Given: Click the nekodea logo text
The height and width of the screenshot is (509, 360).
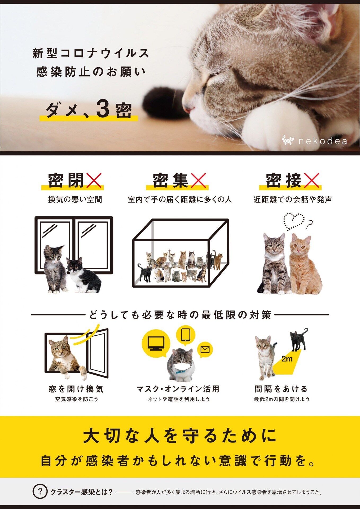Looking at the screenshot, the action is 323,141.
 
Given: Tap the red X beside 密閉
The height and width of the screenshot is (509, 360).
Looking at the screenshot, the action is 93,181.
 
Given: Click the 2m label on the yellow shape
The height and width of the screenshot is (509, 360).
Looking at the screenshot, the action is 287,359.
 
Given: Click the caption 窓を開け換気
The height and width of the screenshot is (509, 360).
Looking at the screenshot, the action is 76,389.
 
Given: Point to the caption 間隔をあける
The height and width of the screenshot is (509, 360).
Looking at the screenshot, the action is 281,389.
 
